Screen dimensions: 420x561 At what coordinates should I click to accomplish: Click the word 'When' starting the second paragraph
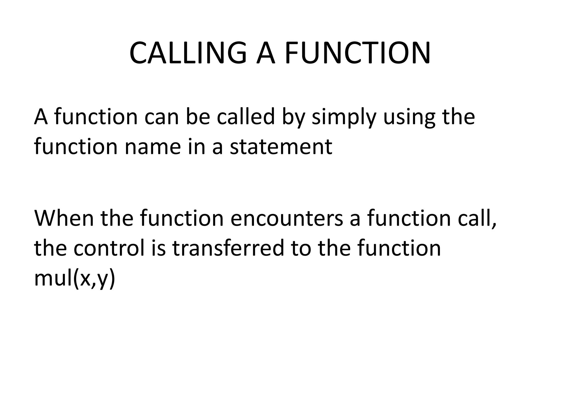(64, 218)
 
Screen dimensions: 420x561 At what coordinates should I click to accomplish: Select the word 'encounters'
(287, 218)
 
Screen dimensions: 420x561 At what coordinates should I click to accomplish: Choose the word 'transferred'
(228, 248)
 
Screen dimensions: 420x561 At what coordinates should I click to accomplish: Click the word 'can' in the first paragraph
(161, 117)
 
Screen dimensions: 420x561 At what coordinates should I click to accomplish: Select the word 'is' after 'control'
(158, 248)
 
